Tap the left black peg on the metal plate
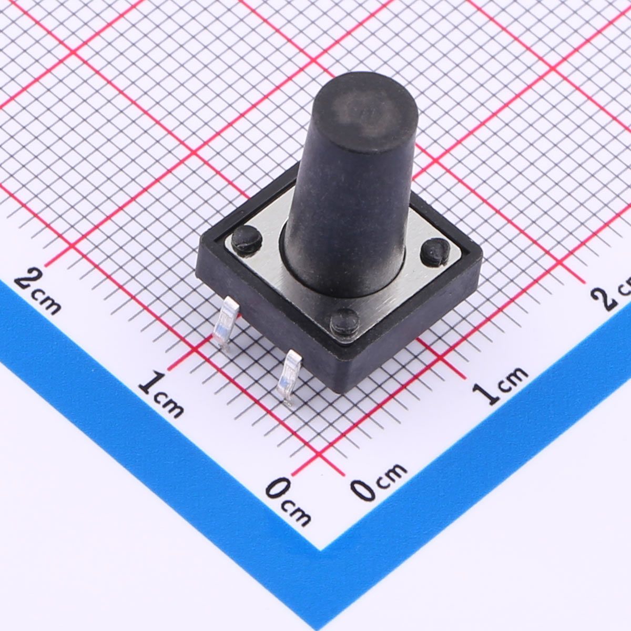pyautogui.click(x=248, y=241)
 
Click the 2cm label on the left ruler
pyautogui.click(x=38, y=290)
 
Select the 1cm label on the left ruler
pyautogui.click(x=160, y=393)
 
